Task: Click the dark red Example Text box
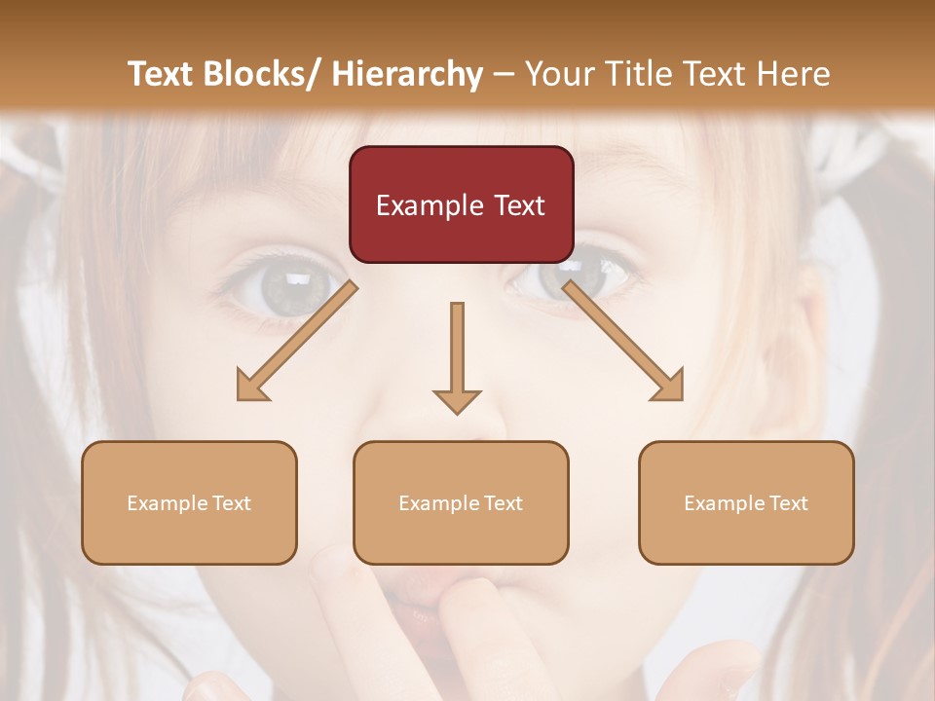pos(461,204)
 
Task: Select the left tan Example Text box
pos(189,502)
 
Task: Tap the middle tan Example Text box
pos(461,502)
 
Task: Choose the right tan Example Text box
pos(746,502)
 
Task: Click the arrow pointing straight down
pos(457,355)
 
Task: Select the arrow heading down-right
pos(624,342)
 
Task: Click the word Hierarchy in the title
pos(407,74)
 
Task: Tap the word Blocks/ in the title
pos(262,74)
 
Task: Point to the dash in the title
pos(504,75)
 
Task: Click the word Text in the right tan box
pos(789,503)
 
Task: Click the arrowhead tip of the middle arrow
pos(457,412)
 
